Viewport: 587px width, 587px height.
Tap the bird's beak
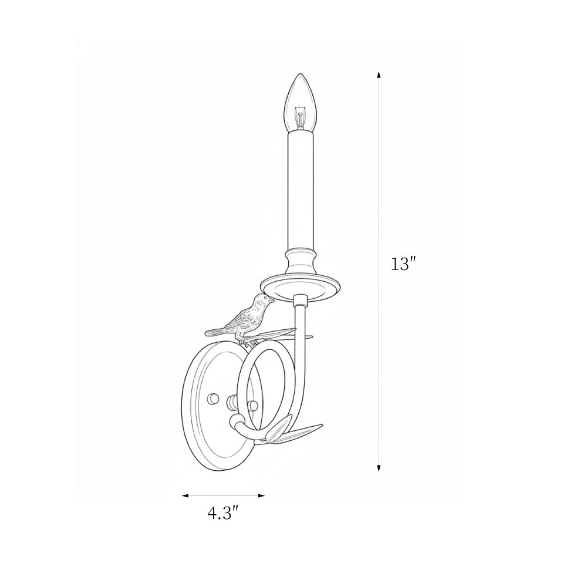[271, 300]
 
